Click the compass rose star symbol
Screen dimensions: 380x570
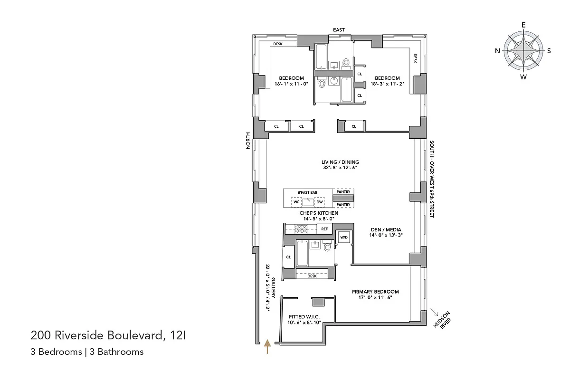pos(523,51)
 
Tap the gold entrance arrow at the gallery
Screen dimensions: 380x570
pos(267,346)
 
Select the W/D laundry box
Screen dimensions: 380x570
pos(343,237)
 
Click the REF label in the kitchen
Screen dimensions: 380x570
pos(324,229)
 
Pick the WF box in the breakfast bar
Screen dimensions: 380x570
pos(296,202)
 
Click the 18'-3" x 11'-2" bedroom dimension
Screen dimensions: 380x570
pos(387,85)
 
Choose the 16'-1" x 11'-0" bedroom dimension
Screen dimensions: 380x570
pos(291,85)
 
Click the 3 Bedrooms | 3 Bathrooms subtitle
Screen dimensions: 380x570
pos(87,352)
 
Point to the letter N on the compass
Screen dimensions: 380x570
pos(497,51)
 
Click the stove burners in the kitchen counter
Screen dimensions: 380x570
pos(301,229)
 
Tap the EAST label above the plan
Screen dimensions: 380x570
pos(339,30)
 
